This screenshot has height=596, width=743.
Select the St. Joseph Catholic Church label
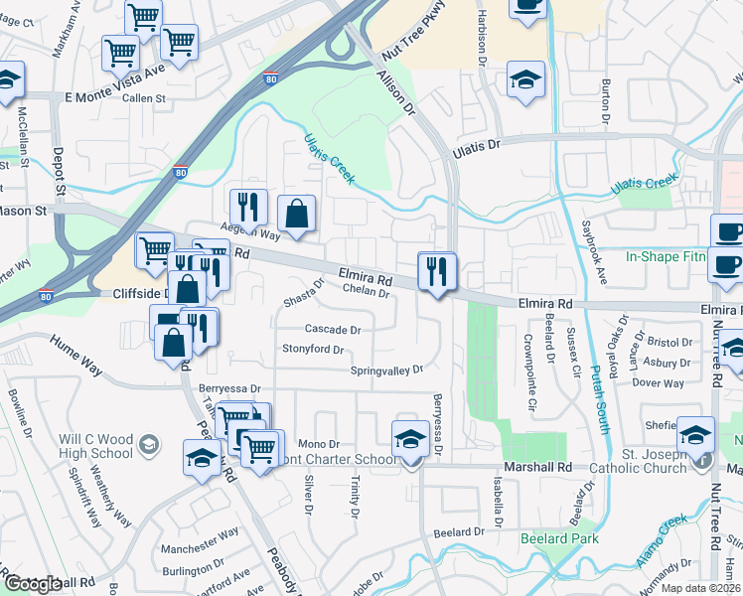click(639, 460)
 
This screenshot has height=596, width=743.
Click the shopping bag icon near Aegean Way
click(297, 214)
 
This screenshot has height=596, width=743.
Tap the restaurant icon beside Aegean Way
click(247, 207)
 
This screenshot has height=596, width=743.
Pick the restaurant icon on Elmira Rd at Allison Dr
click(436, 270)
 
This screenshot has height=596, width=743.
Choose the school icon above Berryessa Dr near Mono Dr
click(410, 438)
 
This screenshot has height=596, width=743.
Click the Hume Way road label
click(78, 355)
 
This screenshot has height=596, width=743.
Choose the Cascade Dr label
click(333, 329)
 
